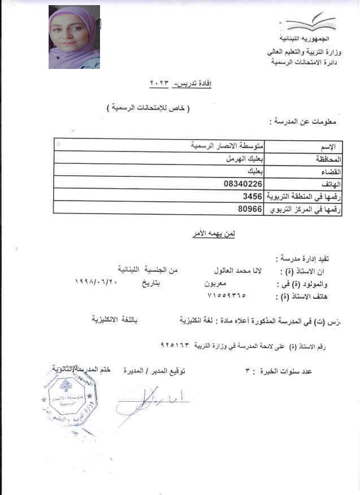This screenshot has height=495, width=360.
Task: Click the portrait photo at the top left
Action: coord(74,37)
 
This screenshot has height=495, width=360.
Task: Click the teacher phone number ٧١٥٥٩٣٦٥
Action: coord(228,294)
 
